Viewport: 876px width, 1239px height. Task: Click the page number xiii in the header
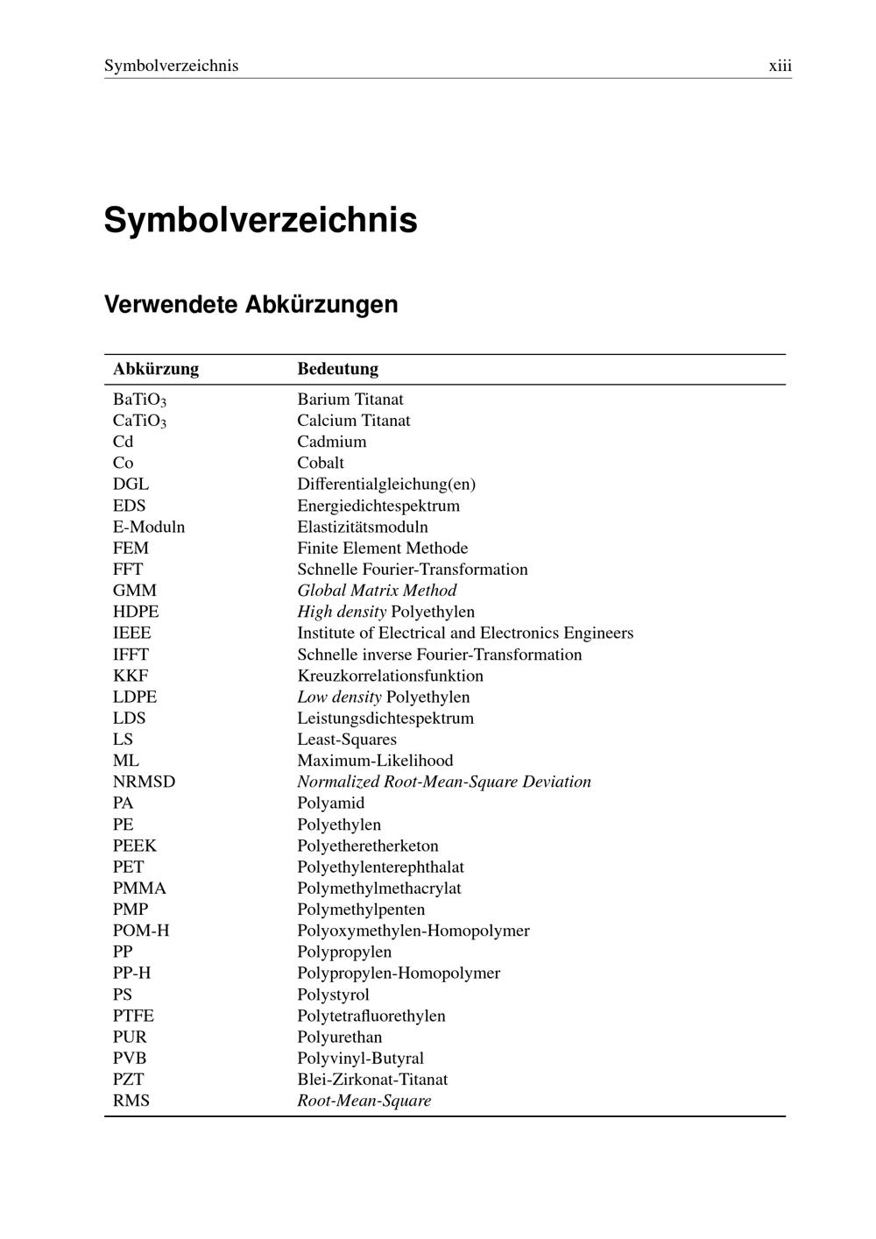click(x=780, y=66)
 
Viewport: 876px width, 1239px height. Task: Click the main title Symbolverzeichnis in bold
click(x=260, y=220)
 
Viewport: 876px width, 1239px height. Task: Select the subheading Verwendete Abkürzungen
click(x=251, y=305)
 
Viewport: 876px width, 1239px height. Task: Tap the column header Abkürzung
click(x=156, y=369)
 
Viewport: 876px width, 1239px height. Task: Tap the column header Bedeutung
click(x=337, y=369)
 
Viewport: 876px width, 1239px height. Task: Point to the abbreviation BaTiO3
click(x=139, y=400)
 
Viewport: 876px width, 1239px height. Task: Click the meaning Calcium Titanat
click(x=353, y=421)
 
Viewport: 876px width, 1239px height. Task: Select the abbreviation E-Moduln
click(x=149, y=527)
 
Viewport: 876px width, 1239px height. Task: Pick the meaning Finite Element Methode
click(x=382, y=548)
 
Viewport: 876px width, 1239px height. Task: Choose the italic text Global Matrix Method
click(x=377, y=591)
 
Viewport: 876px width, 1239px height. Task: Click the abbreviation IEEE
click(x=131, y=633)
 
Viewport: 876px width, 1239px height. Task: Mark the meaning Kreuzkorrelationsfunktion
click(x=390, y=676)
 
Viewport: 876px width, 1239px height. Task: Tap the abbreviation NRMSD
click(x=144, y=782)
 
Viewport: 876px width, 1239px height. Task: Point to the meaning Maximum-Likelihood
click(x=375, y=761)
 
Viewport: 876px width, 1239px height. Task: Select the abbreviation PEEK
click(x=135, y=846)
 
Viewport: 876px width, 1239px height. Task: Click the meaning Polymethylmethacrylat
click(x=378, y=888)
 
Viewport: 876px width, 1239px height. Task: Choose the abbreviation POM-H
click(x=141, y=931)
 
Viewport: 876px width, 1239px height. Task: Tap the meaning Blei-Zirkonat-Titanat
click(x=372, y=1080)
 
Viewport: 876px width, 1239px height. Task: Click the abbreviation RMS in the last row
click(x=131, y=1101)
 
